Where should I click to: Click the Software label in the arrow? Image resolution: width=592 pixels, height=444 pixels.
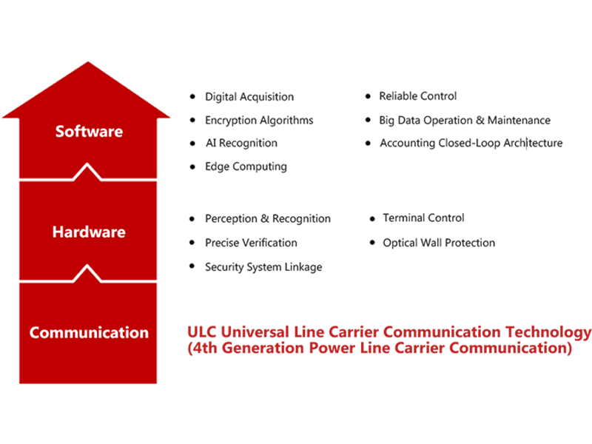89,132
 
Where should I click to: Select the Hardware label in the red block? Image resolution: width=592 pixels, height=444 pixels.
89,232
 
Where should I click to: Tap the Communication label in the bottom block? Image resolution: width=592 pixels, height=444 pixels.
89,332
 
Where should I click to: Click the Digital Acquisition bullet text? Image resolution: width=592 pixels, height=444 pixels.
249,97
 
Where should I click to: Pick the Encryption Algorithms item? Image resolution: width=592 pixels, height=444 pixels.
259,121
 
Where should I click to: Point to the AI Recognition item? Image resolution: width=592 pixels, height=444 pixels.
241,143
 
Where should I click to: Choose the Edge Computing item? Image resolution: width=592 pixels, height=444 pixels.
246,166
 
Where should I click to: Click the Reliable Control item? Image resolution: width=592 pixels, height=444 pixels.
418,96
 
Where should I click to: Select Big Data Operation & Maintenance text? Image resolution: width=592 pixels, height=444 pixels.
465,121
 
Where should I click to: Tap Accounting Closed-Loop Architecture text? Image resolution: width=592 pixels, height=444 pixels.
471,143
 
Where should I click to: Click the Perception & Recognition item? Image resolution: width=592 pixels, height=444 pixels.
268,218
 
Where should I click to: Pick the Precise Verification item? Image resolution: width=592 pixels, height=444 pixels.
251,243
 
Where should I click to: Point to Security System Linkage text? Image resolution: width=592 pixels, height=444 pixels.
263,267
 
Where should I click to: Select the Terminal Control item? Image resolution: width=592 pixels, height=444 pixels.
423,218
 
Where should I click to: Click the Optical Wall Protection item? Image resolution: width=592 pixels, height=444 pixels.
439,243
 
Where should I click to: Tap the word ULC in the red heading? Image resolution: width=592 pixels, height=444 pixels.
201,332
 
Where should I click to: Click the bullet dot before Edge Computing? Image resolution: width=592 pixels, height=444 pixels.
192,166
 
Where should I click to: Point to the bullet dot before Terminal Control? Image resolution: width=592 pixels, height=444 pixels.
372,218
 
